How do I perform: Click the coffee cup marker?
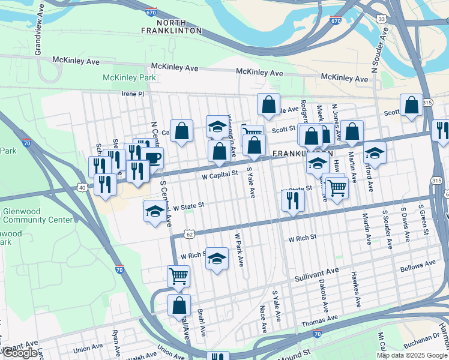[x=152, y=158]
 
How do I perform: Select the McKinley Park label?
[x=129, y=78]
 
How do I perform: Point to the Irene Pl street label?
[x=133, y=94]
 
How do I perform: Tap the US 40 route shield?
[x=81, y=188]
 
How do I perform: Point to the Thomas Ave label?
[x=316, y=322]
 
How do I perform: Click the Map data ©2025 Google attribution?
[x=411, y=355]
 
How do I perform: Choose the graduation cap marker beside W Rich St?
[x=217, y=258]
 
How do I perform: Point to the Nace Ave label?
[x=263, y=319]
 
